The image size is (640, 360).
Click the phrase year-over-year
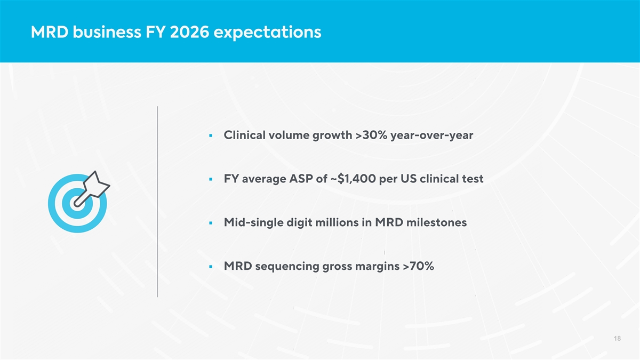(432, 135)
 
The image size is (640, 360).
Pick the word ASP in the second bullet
(301, 179)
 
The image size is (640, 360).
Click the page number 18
(617, 339)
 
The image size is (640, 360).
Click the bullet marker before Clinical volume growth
(212, 135)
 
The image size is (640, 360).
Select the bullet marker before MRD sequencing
(212, 267)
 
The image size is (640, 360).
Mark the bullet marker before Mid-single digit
(212, 223)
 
